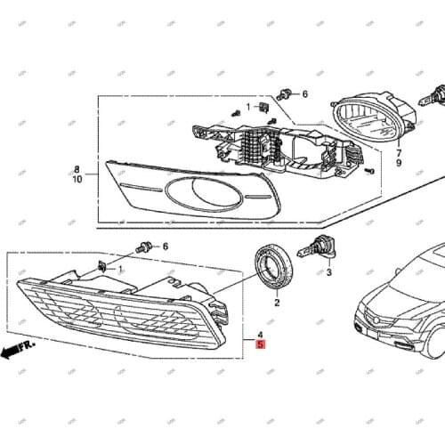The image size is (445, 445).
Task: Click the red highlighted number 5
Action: (x=260, y=343)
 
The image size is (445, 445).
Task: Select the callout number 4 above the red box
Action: (x=260, y=331)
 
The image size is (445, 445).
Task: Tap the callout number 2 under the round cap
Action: (x=277, y=303)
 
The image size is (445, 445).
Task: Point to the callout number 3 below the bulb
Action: (x=328, y=272)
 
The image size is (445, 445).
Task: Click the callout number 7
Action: (x=399, y=152)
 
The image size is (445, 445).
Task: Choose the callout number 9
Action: (x=399, y=164)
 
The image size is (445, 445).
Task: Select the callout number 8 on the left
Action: (x=77, y=168)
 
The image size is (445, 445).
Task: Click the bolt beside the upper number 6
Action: (x=284, y=93)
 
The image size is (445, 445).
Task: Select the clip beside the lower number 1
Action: (x=103, y=266)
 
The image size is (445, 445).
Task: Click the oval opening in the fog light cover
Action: (x=203, y=193)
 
